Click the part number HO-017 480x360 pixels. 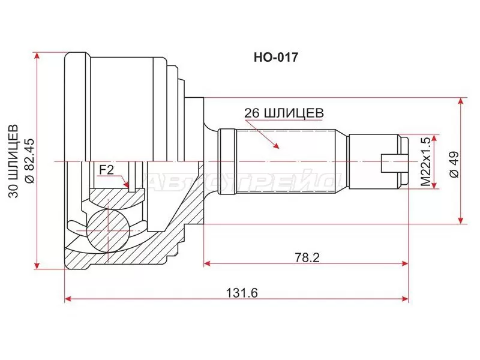tap(275, 57)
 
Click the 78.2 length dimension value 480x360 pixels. tap(307, 257)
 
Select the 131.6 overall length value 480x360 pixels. tap(242, 293)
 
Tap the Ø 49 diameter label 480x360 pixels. tap(454, 164)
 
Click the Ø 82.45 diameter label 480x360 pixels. tap(31, 161)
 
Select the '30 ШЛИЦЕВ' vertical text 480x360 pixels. tap(13, 161)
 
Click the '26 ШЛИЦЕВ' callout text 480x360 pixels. tap(284, 113)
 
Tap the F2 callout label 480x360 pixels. tap(106, 170)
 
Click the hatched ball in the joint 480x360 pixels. tap(108, 232)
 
